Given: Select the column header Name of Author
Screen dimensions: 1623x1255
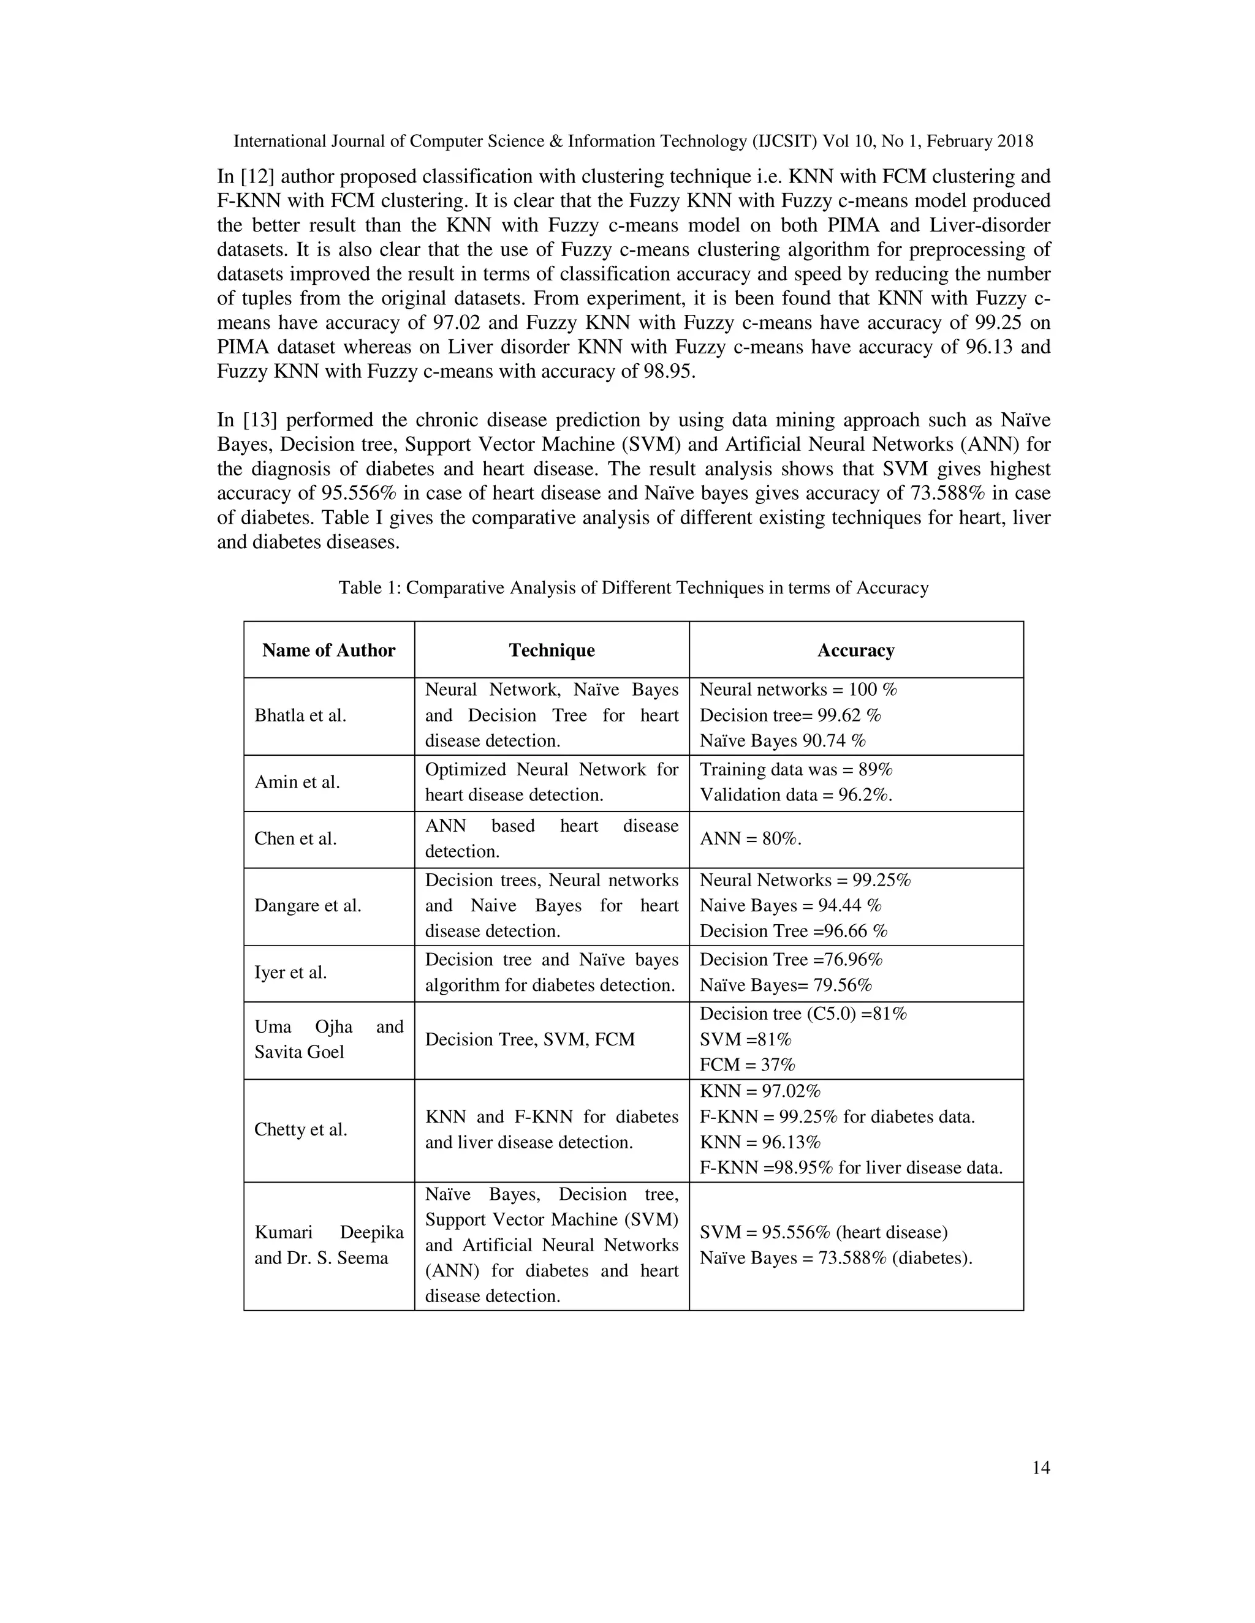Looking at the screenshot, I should coord(328,650).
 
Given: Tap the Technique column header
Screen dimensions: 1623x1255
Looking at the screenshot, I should coord(552,650).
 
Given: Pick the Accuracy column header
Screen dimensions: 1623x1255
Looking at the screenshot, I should coord(855,650).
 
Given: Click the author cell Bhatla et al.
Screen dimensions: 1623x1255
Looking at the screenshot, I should coord(300,715).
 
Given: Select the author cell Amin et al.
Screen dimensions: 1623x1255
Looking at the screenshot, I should coord(297,781).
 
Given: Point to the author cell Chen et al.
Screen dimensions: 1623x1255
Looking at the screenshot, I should coord(295,838).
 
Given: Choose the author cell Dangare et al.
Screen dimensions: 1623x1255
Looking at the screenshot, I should coord(308,905).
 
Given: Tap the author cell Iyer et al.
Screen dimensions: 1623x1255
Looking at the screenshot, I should coord(290,972).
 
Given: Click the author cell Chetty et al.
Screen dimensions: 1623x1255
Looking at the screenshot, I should coord(300,1129).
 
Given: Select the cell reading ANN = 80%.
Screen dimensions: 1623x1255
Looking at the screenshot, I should coord(750,838).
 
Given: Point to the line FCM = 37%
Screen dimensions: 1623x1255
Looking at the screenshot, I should coord(747,1064).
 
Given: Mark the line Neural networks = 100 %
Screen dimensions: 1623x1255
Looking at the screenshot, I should coord(798,690).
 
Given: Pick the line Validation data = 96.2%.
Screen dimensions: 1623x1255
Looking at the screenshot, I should coord(795,794).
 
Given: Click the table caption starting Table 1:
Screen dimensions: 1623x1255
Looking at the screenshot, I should coord(634,588).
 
